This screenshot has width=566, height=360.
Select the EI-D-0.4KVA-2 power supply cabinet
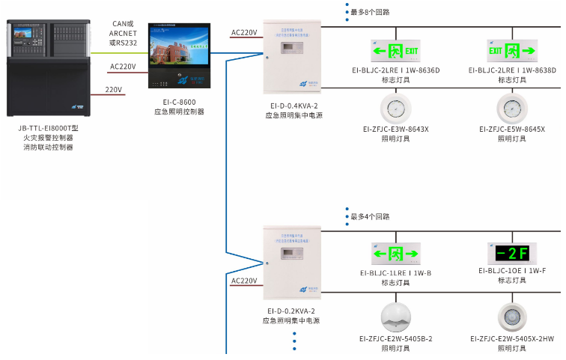(x=292, y=61)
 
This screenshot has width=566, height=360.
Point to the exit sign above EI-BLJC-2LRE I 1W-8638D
(x=513, y=51)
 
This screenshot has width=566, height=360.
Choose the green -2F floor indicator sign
(x=513, y=252)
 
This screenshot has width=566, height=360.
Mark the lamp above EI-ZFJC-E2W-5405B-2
(x=395, y=317)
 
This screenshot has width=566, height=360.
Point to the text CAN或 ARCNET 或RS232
(x=122, y=33)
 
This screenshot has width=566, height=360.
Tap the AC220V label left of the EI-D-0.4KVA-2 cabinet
(x=244, y=32)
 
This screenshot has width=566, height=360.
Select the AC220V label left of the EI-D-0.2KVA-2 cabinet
(x=244, y=281)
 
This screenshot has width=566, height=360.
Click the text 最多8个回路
(x=370, y=12)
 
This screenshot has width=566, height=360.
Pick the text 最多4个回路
(x=370, y=216)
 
